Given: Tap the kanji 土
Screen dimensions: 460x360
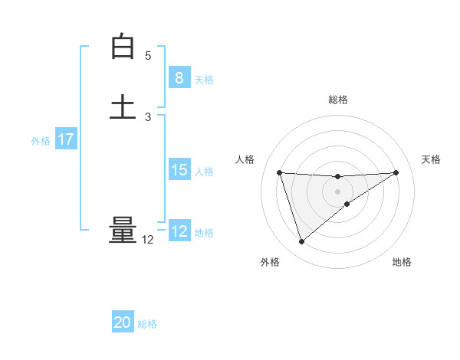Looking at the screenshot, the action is click(123, 106).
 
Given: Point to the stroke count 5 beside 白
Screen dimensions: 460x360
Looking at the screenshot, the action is click(148, 56).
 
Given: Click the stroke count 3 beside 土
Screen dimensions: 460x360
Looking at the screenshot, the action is click(148, 117).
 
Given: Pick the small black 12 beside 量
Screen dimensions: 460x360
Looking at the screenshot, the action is click(148, 240).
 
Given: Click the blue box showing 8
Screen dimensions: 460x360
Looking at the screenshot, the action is click(179, 78).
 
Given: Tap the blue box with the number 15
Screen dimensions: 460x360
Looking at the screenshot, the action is click(179, 170).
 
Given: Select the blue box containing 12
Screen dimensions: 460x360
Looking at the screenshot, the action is click(179, 231).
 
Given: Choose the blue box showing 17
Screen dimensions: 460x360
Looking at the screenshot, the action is click(65, 139).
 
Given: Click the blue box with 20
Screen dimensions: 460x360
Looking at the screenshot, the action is click(123, 322).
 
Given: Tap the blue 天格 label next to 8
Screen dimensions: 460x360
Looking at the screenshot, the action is click(204, 80).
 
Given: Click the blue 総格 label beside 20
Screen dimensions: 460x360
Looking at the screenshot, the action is click(147, 324).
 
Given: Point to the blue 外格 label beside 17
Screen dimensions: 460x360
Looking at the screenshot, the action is click(41, 141).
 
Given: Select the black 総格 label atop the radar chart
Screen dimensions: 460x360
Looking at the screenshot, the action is click(338, 100).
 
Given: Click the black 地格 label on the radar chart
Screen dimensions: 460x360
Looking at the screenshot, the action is click(402, 263).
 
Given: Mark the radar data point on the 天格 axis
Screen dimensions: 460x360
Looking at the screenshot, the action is click(396, 172).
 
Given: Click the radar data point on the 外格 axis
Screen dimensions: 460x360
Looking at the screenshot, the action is click(301, 242).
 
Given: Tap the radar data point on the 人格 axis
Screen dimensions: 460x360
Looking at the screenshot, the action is click(280, 172).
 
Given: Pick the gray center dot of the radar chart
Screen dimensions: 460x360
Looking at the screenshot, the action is click(338, 191).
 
